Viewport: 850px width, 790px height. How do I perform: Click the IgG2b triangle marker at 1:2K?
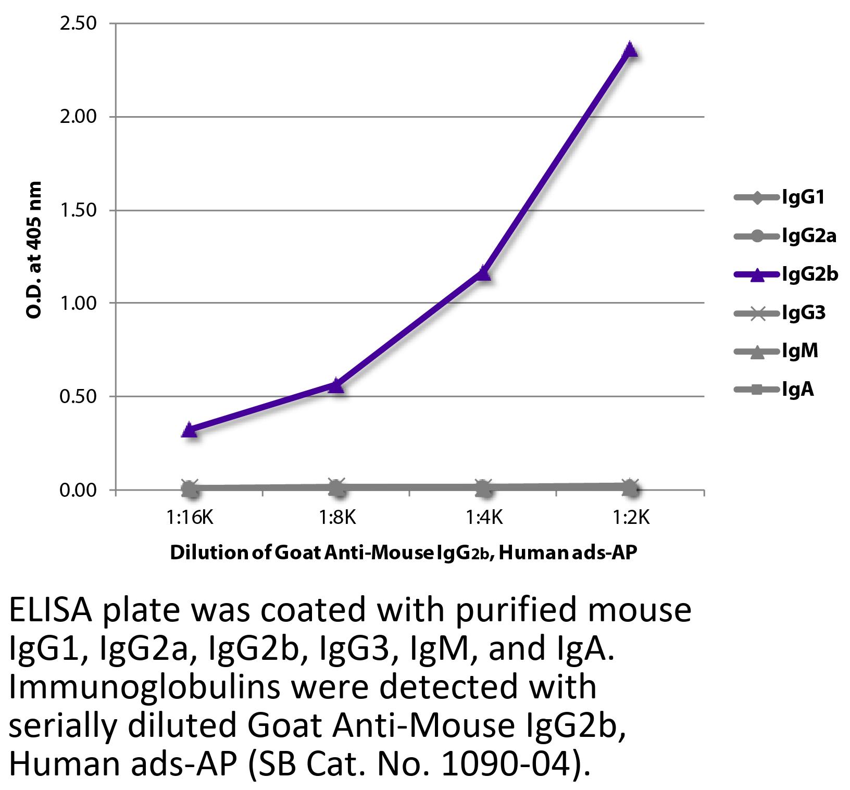pyautogui.click(x=630, y=49)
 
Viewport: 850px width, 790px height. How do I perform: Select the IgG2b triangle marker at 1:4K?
pyautogui.click(x=483, y=272)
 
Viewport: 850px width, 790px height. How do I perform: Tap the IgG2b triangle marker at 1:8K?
pyautogui.click(x=336, y=385)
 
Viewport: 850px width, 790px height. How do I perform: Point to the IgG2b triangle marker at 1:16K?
pyautogui.click(x=190, y=430)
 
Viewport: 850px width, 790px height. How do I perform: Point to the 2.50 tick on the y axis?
pyautogui.click(x=78, y=24)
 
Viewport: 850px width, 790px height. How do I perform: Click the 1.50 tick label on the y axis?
pyautogui.click(x=78, y=210)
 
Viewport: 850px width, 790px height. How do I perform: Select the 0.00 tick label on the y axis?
pyautogui.click(x=78, y=491)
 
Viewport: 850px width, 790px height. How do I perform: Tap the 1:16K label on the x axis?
pyautogui.click(x=190, y=518)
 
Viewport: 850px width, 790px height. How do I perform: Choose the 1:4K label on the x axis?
pyautogui.click(x=483, y=518)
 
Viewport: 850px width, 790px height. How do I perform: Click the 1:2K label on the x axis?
pyautogui.click(x=630, y=518)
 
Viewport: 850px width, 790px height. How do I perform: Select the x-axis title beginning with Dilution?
pyautogui.click(x=403, y=553)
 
